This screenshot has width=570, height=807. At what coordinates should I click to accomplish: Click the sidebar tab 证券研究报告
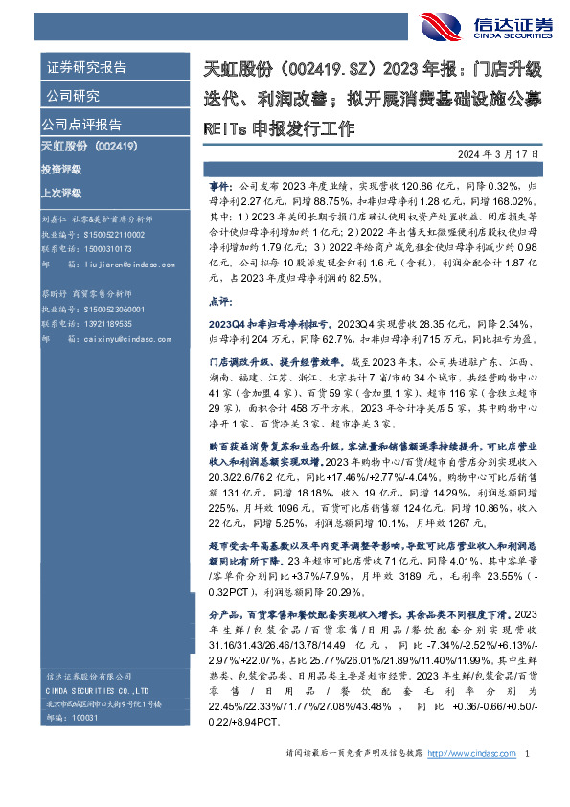tap(86, 68)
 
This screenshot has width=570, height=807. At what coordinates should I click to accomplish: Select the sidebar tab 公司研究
tap(73, 96)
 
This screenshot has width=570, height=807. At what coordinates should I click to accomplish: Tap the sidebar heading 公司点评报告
tap(80, 125)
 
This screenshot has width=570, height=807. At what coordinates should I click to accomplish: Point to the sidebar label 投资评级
tap(60, 170)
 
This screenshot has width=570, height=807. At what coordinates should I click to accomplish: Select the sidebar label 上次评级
tap(60, 191)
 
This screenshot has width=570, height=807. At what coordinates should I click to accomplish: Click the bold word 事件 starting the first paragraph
tap(219, 179)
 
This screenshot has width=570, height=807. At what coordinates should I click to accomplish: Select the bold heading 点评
tap(219, 299)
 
